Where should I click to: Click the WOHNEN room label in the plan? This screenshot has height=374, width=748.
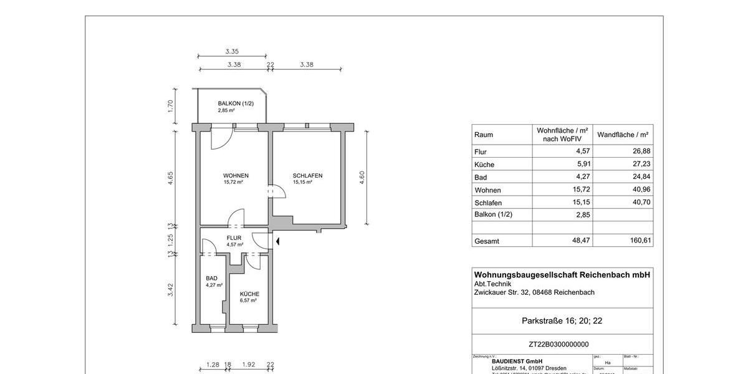point(236,175)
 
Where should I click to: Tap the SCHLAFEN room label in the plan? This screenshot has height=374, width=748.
point(307,175)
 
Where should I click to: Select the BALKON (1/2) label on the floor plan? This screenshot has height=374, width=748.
point(236,103)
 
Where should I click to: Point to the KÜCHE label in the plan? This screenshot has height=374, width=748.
point(249,294)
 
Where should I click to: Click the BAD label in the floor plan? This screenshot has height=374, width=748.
point(212,279)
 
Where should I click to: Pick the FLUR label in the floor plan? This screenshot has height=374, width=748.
point(234,238)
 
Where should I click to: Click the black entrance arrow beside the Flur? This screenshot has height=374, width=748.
point(279,241)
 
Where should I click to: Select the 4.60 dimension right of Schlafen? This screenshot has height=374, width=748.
point(362,177)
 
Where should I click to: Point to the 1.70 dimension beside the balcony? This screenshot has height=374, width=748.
point(170,107)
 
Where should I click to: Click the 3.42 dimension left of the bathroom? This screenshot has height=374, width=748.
point(170,289)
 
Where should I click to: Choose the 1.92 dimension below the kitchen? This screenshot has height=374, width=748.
point(249,365)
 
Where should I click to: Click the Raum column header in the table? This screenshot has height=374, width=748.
point(484,135)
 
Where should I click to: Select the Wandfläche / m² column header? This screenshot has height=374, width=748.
point(623,135)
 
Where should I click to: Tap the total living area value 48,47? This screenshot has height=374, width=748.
point(582,241)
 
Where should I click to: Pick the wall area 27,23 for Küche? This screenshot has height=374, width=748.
point(641,165)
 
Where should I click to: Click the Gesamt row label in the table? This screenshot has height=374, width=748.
point(487,241)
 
